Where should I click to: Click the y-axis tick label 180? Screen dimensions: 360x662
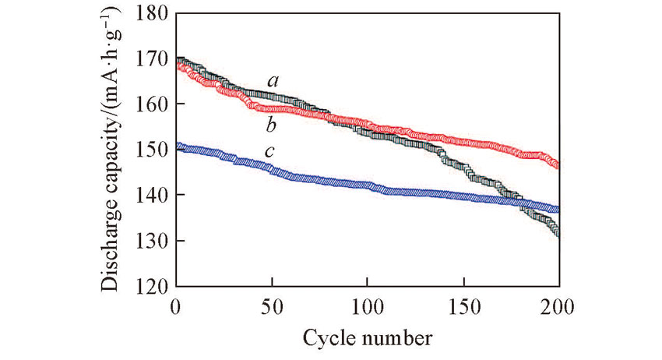[151, 12]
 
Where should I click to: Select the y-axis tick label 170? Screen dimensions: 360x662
[151, 58]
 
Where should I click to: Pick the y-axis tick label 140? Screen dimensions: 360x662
[151, 195]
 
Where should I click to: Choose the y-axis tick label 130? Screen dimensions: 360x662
[151, 241]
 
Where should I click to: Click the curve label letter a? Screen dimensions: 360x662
[273, 80]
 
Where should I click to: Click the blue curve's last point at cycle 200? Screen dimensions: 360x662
[557, 209]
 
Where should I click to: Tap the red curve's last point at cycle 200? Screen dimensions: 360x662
[557, 164]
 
